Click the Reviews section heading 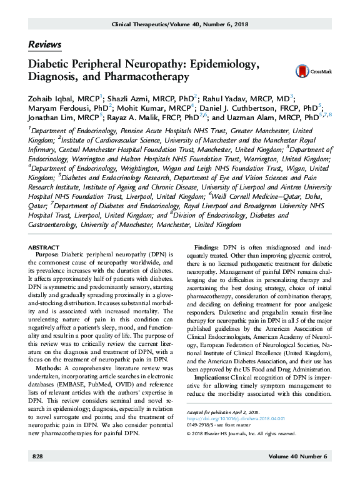point(44,44)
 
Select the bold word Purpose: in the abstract point(47,255)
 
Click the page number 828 point(37,475)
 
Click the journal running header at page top point(180,23)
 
